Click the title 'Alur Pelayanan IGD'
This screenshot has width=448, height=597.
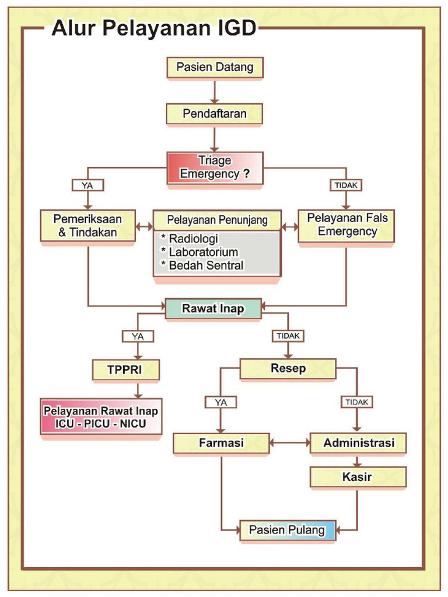click(153, 28)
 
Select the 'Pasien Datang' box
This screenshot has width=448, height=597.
click(215, 68)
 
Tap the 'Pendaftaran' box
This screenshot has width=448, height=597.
click(215, 114)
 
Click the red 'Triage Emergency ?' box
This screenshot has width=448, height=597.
click(215, 167)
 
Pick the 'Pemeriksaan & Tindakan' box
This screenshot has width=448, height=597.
click(88, 225)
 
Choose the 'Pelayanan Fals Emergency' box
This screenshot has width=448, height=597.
click(346, 225)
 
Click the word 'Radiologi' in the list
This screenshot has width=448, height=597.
click(193, 239)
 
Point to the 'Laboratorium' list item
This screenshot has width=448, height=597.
click(203, 252)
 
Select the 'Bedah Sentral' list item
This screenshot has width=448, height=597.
click(206, 266)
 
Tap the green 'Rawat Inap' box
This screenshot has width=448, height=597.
click(213, 308)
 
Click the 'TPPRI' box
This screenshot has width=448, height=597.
click(125, 370)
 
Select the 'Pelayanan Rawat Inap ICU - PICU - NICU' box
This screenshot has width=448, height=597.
click(100, 417)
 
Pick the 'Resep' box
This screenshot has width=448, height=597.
click(288, 368)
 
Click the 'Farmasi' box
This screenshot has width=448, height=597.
click(221, 443)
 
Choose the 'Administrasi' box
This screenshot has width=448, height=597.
click(358, 443)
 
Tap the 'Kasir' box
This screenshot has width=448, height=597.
click(358, 477)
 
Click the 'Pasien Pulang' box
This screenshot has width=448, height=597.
click(288, 530)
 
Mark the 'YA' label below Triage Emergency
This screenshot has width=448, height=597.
click(87, 185)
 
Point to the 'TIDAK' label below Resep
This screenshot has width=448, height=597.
click(357, 402)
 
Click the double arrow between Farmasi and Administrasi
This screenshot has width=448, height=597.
click(289, 443)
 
